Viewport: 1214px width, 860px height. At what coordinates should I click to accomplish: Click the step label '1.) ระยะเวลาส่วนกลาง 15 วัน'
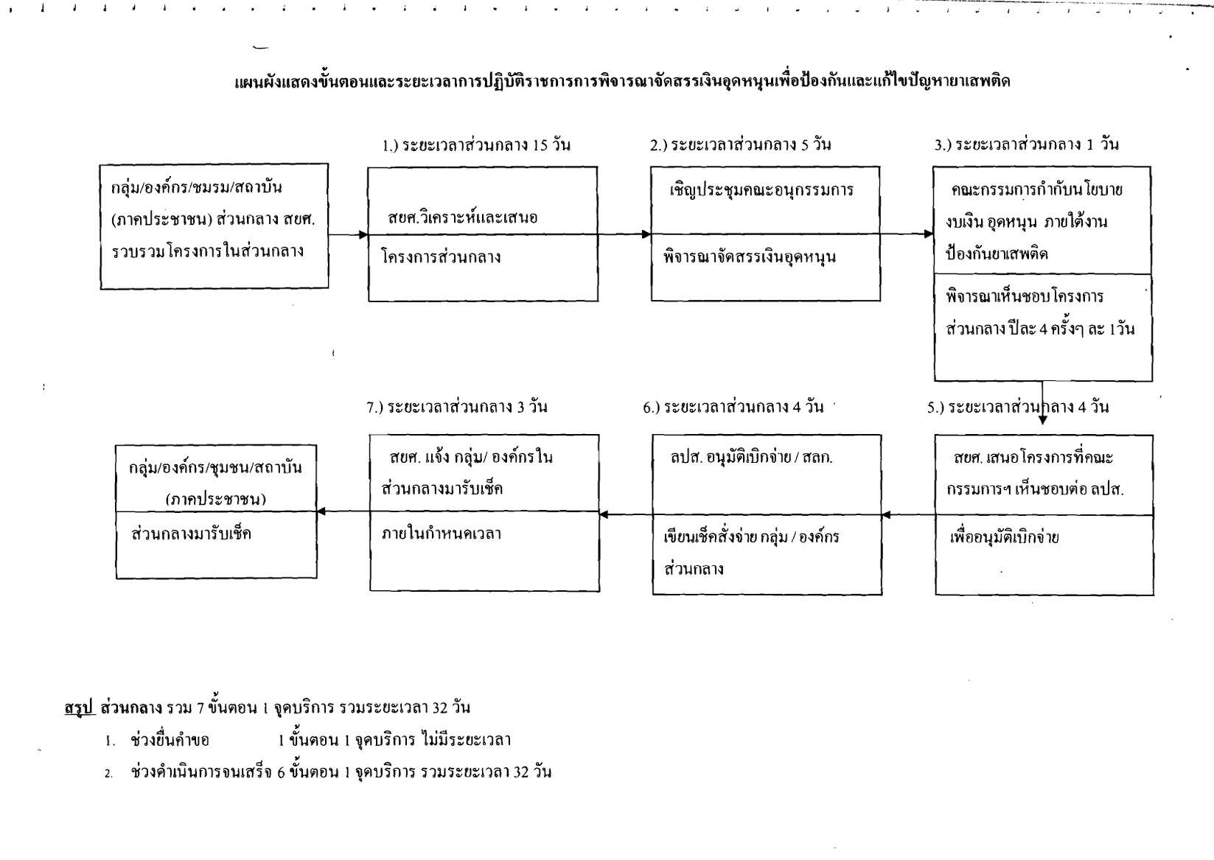tap(476, 144)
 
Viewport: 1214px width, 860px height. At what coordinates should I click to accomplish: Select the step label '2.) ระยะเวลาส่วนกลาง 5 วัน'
tap(741, 144)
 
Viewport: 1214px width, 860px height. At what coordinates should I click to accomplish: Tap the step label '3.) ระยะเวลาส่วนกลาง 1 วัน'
tap(1026, 144)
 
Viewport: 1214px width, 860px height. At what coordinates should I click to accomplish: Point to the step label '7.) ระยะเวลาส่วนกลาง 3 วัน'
tap(457, 407)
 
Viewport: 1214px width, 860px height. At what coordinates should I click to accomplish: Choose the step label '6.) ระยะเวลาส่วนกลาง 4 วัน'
tap(733, 407)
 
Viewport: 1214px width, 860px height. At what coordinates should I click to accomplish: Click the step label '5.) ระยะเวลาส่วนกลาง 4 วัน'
tap(1018, 407)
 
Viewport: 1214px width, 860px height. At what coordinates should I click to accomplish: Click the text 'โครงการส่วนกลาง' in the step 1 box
tap(442, 257)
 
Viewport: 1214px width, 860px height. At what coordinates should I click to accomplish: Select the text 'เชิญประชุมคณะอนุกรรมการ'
tap(761, 190)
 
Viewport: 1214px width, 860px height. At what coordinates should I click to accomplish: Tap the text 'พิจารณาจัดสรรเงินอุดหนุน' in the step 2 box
tap(749, 258)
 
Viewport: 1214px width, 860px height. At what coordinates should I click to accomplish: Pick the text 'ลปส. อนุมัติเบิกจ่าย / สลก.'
tap(751, 458)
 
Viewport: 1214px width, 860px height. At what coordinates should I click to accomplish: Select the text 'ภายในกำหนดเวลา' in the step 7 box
tap(442, 534)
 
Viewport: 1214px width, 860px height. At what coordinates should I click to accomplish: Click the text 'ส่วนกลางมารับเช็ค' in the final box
tap(191, 534)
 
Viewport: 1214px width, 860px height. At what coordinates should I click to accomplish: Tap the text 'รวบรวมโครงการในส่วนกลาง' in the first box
tap(208, 251)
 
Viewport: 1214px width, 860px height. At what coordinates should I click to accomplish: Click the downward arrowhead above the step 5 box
tap(1043, 420)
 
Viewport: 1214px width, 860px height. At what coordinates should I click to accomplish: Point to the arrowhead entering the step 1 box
tap(363, 235)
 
